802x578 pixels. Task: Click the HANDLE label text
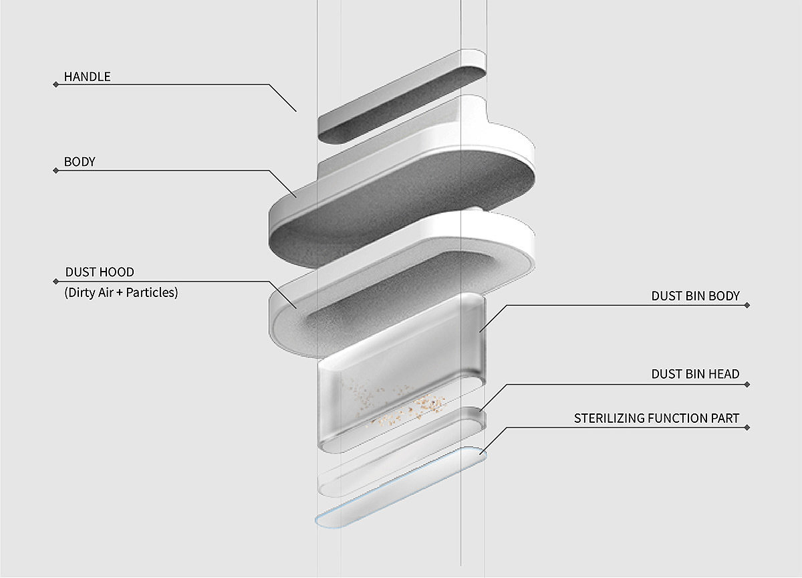pyautogui.click(x=87, y=76)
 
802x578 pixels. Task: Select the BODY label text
pyautogui.click(x=80, y=162)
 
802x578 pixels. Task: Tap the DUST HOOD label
pyautogui.click(x=100, y=272)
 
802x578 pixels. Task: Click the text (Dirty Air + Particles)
pyautogui.click(x=121, y=292)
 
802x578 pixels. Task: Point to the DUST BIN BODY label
pyautogui.click(x=695, y=296)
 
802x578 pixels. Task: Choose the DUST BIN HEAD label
pyautogui.click(x=695, y=374)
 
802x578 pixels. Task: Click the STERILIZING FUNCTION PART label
pyautogui.click(x=656, y=418)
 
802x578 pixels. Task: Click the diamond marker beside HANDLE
pyautogui.click(x=55, y=84)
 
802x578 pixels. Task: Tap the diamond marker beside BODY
pyautogui.click(x=55, y=171)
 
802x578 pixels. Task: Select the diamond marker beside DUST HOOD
pyautogui.click(x=55, y=281)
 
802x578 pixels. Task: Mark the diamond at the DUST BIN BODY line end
pyautogui.click(x=747, y=305)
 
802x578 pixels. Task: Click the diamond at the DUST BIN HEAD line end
pyautogui.click(x=747, y=384)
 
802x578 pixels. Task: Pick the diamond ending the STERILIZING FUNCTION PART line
pyautogui.click(x=747, y=427)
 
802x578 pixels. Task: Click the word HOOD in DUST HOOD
pyautogui.click(x=118, y=272)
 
